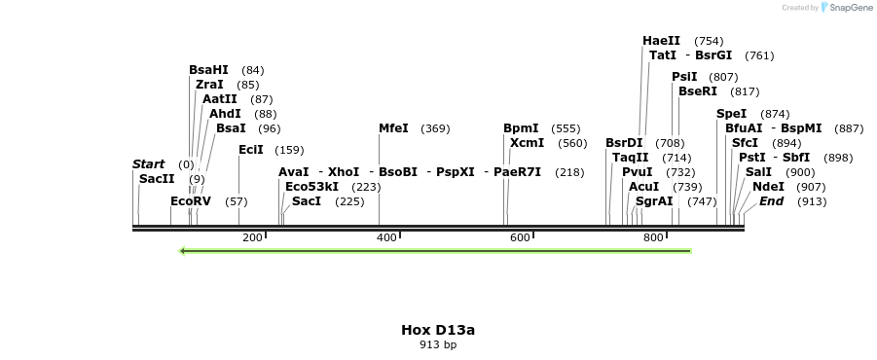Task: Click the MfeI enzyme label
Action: (x=393, y=128)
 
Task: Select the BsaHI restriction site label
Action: (x=208, y=70)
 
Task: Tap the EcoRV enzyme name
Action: (x=191, y=201)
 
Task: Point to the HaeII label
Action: (x=661, y=41)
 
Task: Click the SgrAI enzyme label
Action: (x=654, y=201)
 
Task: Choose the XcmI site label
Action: (x=528, y=143)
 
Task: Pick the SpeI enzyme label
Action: (x=732, y=114)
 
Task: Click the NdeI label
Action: (x=768, y=187)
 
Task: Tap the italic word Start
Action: (x=149, y=164)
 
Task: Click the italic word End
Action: (x=772, y=201)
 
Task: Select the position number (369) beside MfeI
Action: (x=435, y=128)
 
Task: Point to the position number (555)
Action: (x=566, y=128)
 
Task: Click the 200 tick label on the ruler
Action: (x=252, y=238)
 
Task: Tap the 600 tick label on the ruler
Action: (x=520, y=238)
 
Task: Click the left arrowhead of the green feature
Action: (x=183, y=251)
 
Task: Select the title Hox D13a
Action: (x=438, y=330)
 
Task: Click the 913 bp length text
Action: (x=438, y=344)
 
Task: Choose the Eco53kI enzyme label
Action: (x=311, y=187)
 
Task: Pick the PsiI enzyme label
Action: (x=684, y=77)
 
